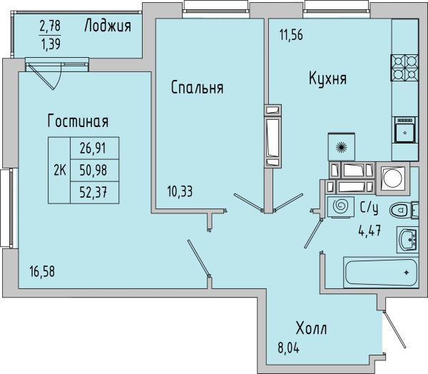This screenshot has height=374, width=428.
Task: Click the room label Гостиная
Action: coord(78,121)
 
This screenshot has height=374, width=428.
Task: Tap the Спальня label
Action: coord(197,87)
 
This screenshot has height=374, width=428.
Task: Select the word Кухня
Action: coord(328,78)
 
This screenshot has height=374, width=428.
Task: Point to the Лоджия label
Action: coord(108,26)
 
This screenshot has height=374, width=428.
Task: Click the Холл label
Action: coord(312,328)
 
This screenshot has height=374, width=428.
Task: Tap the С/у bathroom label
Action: coord(369,208)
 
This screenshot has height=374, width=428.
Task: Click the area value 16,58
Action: coord(42,271)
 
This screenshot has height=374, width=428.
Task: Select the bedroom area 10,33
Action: coord(180,191)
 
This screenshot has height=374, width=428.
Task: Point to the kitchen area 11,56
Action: coord(291,35)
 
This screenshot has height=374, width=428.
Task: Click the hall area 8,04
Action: coord(288,348)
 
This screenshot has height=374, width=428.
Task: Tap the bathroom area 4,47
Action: coord(370,231)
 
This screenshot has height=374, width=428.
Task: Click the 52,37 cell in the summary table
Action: coord(93,193)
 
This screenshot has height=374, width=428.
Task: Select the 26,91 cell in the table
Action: coord(93,148)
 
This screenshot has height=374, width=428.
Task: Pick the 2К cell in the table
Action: coord(59,171)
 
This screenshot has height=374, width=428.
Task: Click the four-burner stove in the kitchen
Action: coord(404,68)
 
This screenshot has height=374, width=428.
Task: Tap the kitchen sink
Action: coord(404,130)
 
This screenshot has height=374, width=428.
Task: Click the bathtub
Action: coord(381,273)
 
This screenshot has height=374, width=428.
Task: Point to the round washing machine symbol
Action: coord(392,178)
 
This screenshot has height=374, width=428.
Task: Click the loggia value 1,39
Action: coord(51,44)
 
